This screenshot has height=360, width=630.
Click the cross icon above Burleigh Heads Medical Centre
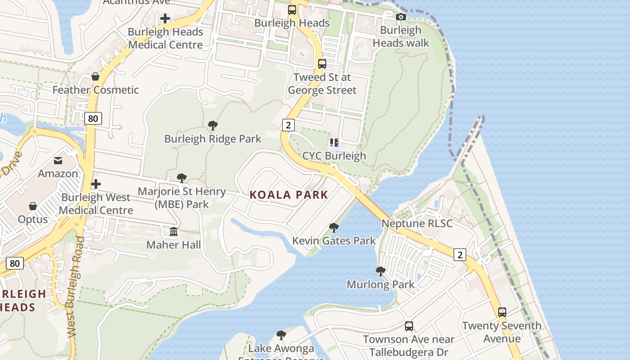click(x=165, y=18)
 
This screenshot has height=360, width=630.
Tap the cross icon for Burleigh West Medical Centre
click(x=95, y=184)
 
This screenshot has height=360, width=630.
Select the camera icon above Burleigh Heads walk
click(x=400, y=17)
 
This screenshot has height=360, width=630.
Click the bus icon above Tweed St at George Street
click(x=322, y=63)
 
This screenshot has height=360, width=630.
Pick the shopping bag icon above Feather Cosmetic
click(x=95, y=76)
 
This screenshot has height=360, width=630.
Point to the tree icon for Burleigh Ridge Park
click(x=213, y=126)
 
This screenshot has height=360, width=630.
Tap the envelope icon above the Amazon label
click(x=58, y=160)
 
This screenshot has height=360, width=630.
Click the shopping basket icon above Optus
click(x=33, y=206)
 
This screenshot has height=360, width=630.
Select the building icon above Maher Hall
click(x=174, y=232)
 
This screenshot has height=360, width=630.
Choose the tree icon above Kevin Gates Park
click(x=333, y=228)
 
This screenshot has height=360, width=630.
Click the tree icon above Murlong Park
click(x=380, y=271)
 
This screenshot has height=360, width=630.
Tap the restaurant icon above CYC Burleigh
click(x=334, y=143)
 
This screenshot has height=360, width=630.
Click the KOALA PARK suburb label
click(x=289, y=195)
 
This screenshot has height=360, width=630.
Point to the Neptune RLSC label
click(x=417, y=223)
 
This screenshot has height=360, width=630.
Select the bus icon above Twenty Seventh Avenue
click(x=502, y=312)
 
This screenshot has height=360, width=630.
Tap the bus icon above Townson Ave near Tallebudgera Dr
click(x=409, y=326)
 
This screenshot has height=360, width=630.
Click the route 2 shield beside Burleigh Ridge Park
click(x=288, y=125)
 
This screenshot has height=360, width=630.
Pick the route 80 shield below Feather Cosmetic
click(x=93, y=118)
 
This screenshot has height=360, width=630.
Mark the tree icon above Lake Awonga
click(x=281, y=335)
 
